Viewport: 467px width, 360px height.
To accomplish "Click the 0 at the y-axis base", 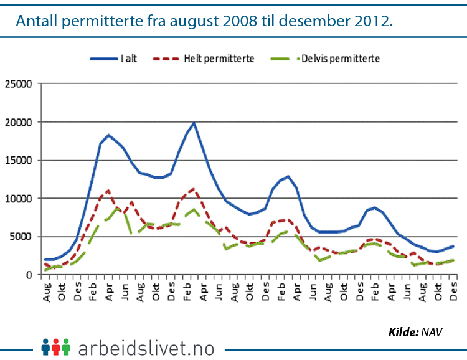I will [27, 275].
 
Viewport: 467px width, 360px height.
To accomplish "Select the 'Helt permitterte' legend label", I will [219, 59].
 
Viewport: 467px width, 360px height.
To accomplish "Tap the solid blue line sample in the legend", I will [104, 59].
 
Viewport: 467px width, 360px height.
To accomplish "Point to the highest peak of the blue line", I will [194, 123].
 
